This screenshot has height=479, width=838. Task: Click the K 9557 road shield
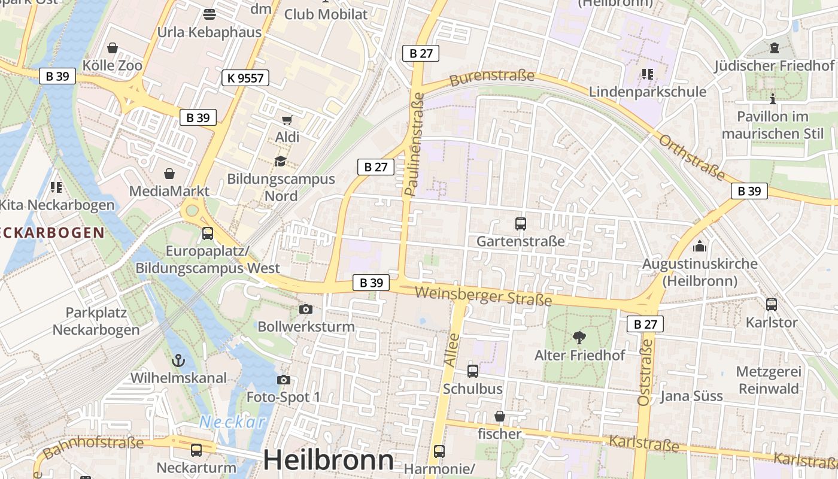[x=245, y=77]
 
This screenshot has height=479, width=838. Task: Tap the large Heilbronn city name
[x=329, y=460]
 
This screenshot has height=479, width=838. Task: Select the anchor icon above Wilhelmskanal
[x=178, y=360]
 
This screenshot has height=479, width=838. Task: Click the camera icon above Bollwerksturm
[x=306, y=309]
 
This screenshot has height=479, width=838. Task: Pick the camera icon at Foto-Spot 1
[x=283, y=380]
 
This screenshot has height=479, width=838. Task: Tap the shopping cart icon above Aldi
[x=287, y=120]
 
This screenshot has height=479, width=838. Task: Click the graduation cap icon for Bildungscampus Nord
[x=280, y=161]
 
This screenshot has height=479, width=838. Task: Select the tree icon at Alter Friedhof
[x=579, y=337]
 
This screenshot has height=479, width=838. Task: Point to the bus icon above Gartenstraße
[x=520, y=224]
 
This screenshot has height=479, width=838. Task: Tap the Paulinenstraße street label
[x=414, y=144]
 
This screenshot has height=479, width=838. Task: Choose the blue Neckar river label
[x=232, y=422]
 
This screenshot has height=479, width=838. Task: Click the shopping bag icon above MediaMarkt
[x=170, y=174]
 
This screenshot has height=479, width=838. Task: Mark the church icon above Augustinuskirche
[x=699, y=246]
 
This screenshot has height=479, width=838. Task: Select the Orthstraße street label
[x=691, y=158]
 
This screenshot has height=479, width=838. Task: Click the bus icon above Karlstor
[x=772, y=305]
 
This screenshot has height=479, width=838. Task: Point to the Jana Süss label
[x=691, y=396]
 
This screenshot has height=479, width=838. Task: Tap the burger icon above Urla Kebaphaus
[x=209, y=14]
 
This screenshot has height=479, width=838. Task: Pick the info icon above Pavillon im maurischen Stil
[x=773, y=99]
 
